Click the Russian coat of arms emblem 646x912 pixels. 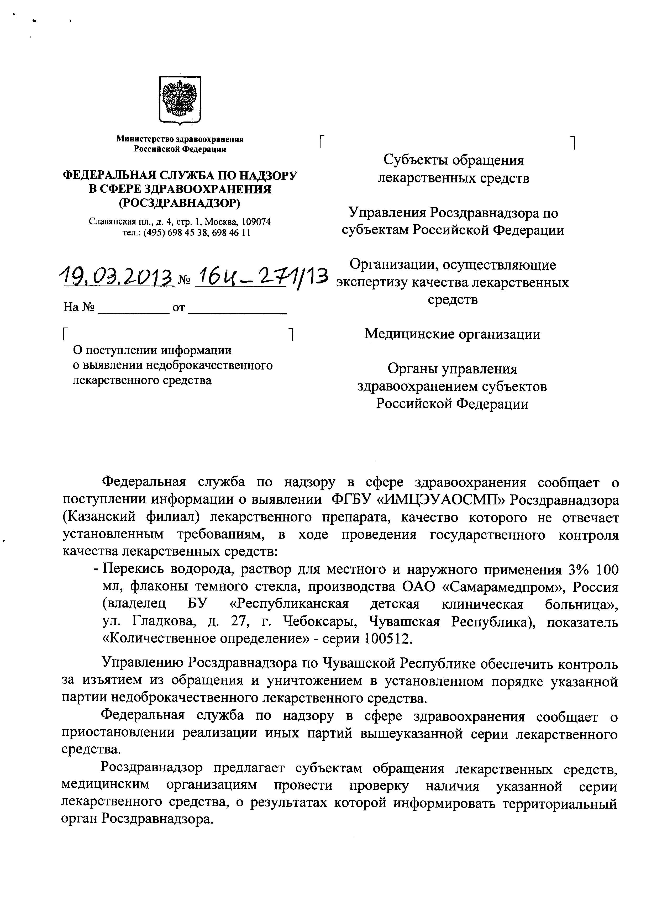pyautogui.click(x=180, y=100)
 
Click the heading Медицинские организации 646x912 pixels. pyautogui.click(x=452, y=334)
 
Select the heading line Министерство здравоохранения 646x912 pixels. pyautogui.click(x=180, y=139)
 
